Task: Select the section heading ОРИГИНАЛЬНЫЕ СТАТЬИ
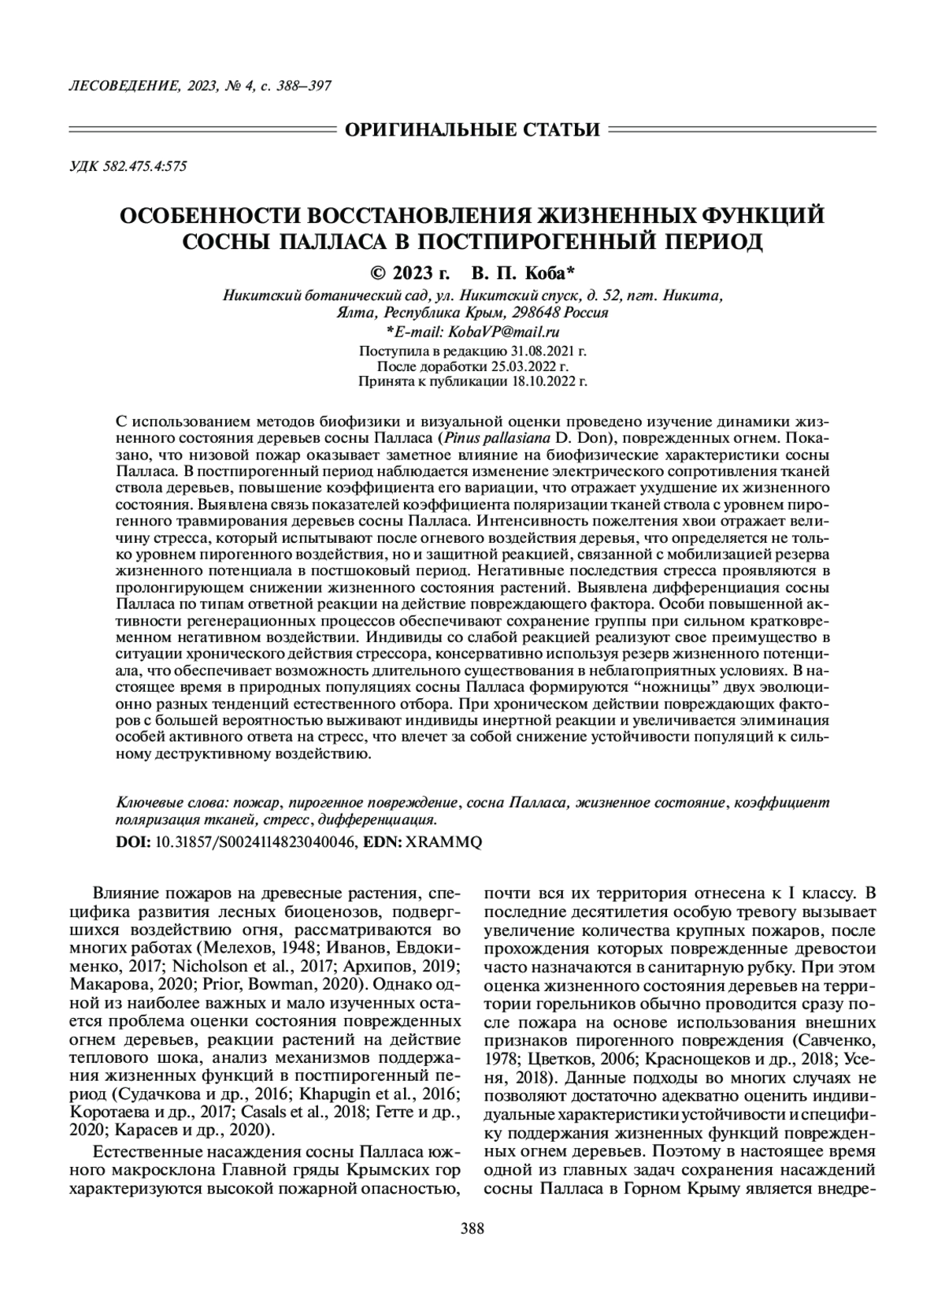[x=472, y=129]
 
